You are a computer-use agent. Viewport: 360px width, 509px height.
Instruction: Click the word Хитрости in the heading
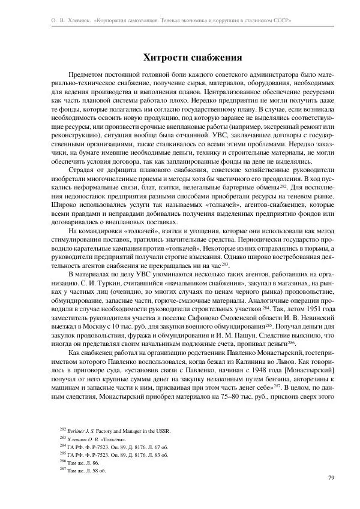click(162, 58)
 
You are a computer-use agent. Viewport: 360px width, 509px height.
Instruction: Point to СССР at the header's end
click(281, 20)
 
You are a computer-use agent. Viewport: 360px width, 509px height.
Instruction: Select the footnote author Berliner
click(79, 430)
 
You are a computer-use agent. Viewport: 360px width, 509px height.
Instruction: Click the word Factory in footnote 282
click(112, 430)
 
